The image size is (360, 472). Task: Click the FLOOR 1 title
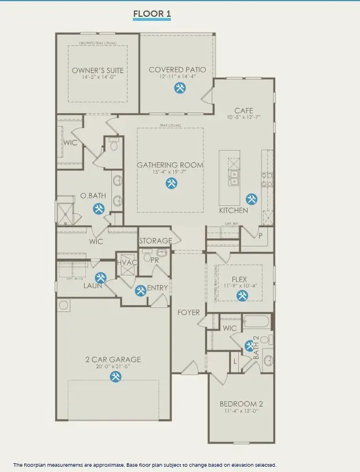(152, 13)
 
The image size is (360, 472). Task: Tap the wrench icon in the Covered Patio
(180, 88)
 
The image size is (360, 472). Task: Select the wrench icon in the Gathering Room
(171, 183)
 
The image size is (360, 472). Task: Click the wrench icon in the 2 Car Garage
(115, 377)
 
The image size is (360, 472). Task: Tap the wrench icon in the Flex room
(242, 295)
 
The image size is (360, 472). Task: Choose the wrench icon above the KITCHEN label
(250, 198)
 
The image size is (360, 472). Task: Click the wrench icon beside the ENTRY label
(140, 291)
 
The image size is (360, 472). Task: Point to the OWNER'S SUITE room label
(98, 70)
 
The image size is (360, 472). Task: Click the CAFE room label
(243, 110)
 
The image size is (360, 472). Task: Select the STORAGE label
(155, 241)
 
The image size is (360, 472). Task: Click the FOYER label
(189, 313)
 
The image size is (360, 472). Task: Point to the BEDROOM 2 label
(241, 404)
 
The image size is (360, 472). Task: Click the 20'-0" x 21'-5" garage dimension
(114, 366)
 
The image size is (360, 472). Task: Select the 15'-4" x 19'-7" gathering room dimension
(170, 172)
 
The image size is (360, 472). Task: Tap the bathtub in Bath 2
(257, 322)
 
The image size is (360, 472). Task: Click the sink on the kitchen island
(234, 177)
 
